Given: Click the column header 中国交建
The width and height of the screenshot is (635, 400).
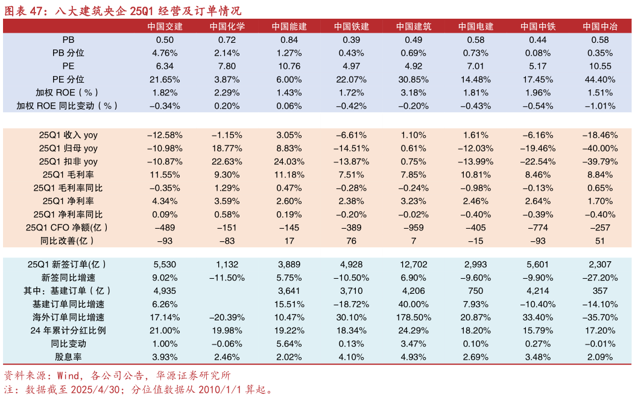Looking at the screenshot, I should (x=165, y=27).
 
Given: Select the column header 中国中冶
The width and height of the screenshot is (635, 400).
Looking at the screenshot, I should (x=599, y=27).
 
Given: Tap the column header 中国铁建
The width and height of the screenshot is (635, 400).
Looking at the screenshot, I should (x=352, y=27).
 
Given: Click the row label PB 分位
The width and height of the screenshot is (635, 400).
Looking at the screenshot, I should (x=68, y=53).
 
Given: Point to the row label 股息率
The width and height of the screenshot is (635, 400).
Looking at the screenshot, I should (x=68, y=357).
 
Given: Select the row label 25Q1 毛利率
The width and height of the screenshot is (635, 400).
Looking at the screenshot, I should (x=68, y=175).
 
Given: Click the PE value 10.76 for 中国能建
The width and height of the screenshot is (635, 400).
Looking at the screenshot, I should (x=289, y=66).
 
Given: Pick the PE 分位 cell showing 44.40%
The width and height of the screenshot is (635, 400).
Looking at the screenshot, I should (x=599, y=80).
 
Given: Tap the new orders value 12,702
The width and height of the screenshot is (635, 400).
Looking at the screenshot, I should (x=414, y=264).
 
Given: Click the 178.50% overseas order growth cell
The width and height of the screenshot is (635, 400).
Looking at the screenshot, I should (x=414, y=317).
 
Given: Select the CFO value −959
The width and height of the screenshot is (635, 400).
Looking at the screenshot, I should (x=414, y=228).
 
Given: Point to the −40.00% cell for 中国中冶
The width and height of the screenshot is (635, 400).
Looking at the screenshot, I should (x=599, y=148).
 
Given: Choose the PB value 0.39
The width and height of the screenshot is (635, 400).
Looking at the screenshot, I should (x=352, y=40).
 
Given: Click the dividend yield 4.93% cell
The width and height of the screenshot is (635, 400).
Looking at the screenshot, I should (x=414, y=357).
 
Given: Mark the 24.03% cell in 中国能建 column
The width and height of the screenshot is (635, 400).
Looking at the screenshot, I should (x=289, y=162).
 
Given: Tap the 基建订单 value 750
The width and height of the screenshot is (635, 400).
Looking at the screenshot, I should (x=476, y=291).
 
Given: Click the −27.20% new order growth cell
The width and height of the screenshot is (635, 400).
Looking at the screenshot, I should (x=599, y=278).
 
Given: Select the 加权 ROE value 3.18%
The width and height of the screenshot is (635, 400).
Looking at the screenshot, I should (x=414, y=93).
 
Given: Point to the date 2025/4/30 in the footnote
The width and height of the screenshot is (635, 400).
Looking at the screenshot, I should (x=92, y=390).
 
